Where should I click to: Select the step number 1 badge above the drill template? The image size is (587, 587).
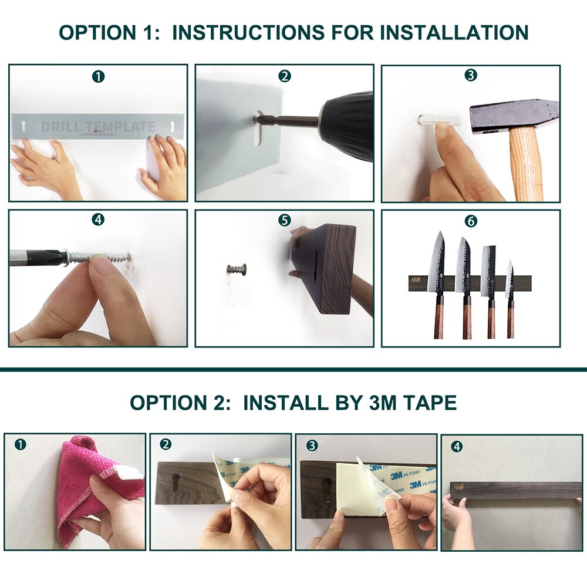point(99,76)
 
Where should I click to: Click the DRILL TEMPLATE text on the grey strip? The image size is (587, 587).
point(98,127)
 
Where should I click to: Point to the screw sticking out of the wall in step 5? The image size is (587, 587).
point(237,270)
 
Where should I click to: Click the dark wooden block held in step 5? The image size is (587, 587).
point(329,267)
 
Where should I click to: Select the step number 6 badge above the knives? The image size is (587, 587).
point(471,221)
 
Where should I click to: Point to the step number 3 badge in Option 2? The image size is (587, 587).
point(312,446)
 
